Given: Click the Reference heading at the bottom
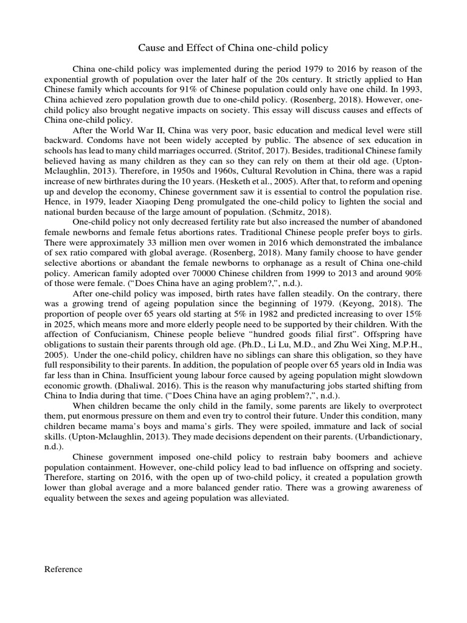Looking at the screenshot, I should click(64, 569).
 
